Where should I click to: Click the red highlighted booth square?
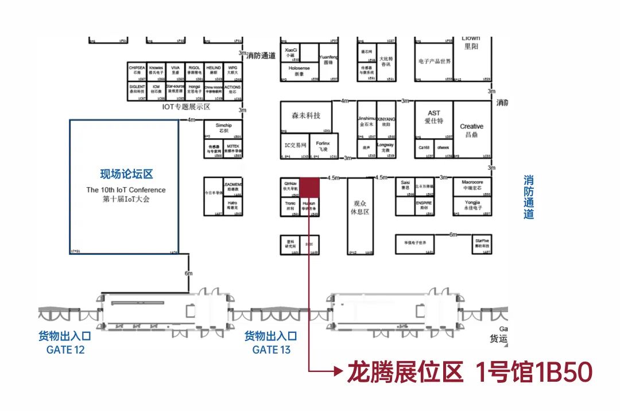(x=311, y=187)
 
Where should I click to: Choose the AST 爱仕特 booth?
(x=434, y=118)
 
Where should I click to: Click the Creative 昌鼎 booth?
(x=472, y=130)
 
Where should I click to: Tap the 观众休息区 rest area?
(x=361, y=208)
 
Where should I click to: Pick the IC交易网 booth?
(x=296, y=145)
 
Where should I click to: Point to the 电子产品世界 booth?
(x=435, y=61)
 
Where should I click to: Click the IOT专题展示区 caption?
(x=187, y=107)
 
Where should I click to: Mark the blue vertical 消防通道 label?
(x=528, y=197)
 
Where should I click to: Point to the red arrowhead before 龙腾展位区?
(x=338, y=372)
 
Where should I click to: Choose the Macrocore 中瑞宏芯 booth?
(x=472, y=185)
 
